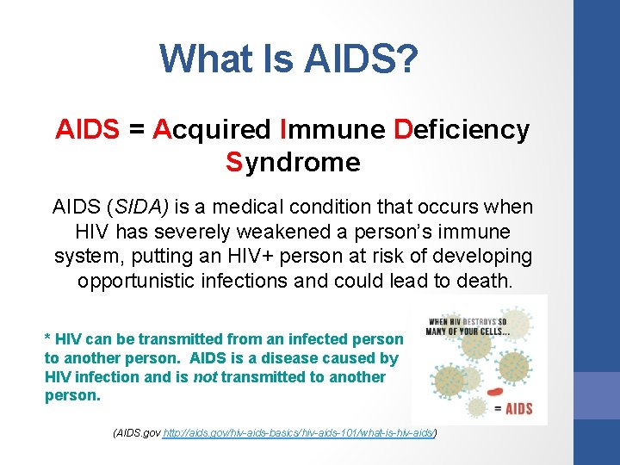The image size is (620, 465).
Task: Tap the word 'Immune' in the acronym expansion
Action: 332,130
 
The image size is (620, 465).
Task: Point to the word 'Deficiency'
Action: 461,130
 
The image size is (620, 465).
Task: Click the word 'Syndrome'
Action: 293,162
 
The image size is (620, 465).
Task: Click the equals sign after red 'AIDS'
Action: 135,130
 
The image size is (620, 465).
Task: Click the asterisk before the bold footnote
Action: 47,339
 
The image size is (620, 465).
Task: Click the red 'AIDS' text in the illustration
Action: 517,408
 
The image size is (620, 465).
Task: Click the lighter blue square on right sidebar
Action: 597,395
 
